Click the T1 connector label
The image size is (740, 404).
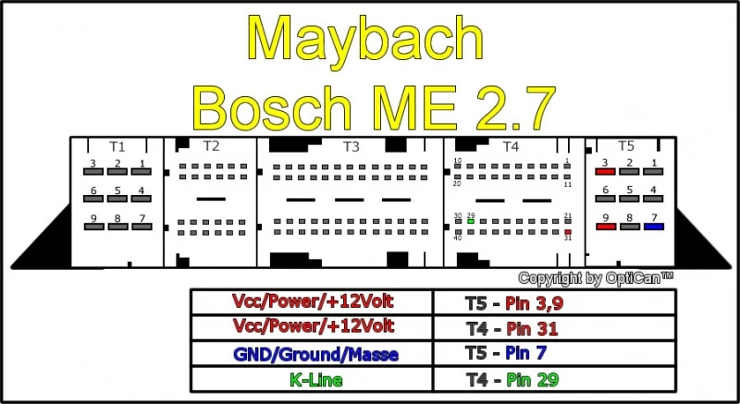[x=117, y=147]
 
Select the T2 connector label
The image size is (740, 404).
[x=212, y=146]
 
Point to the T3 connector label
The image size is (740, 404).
[x=351, y=147]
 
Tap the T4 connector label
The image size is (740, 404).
[x=511, y=147]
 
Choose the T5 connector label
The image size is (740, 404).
[x=626, y=146]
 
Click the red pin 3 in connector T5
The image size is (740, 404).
[x=605, y=172]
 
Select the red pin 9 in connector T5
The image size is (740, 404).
[x=606, y=226]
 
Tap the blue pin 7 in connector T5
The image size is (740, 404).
[x=654, y=226]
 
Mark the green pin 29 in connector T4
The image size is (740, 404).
[x=471, y=221]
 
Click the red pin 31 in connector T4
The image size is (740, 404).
[x=568, y=232]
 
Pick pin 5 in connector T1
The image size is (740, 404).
[x=117, y=199]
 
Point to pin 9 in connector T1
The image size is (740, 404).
[x=93, y=226]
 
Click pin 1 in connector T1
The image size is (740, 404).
[x=142, y=172]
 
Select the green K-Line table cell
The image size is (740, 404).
[x=312, y=379]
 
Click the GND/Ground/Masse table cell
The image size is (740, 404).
[x=312, y=353]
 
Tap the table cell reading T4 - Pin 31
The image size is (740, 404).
[x=554, y=327]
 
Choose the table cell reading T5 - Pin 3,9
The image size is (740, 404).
[x=554, y=302]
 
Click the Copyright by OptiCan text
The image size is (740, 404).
[x=596, y=278]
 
